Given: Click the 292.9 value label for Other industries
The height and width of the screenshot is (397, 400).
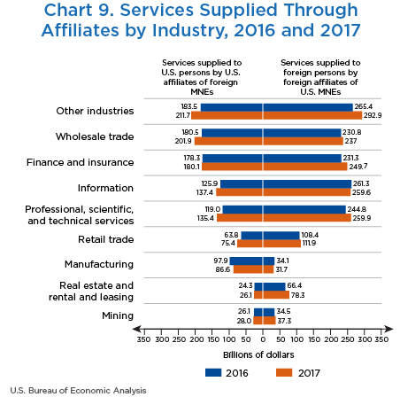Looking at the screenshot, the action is pos(373,115).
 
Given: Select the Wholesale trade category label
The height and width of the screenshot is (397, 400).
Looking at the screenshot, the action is pos(95,136).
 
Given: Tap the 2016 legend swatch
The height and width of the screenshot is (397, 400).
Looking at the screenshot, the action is pos(213,372).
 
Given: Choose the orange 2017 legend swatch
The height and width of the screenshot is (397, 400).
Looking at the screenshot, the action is pos(284,372).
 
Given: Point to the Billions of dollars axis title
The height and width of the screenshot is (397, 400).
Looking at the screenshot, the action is pos(258,354).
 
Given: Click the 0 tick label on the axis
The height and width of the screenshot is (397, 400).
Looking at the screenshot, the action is pos(263,339).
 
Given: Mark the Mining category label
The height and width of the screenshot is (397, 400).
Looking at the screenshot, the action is pos(118,315).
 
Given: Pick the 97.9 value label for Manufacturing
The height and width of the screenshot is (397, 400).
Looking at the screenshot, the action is pos(220,261).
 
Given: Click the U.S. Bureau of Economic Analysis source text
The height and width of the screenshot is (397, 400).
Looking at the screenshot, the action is pos(78,390).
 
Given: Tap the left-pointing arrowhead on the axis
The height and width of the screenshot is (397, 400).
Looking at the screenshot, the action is pos(137,329).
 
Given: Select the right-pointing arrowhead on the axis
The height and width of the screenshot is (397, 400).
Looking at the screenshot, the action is pos(388,329).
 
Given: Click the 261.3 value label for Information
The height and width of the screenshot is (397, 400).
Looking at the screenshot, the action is pos(361,183).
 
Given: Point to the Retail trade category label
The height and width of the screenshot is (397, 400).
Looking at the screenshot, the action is pos(106,239).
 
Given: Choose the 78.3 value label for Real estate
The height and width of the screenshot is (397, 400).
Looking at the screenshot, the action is pos(297,295).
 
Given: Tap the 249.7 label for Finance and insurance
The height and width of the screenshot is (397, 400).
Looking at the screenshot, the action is pos(358,167).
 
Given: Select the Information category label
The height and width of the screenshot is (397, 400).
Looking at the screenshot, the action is pos(105,188).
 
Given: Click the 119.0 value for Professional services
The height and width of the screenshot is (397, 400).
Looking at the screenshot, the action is pos(212,209).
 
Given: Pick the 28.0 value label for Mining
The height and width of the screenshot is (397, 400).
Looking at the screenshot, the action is pos(244,321).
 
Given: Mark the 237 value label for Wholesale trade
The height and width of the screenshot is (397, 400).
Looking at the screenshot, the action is pos(350,141).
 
